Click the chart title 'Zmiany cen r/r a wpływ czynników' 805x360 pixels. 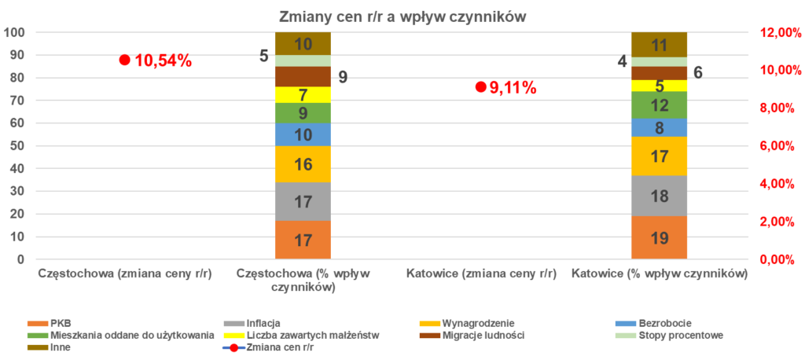coord(402,17)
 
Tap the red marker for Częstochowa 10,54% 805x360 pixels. coord(124,60)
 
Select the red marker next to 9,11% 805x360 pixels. coord(480,87)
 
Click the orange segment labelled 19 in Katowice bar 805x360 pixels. coord(659,237)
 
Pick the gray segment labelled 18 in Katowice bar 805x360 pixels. coord(659,196)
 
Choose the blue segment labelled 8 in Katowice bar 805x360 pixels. coord(659,127)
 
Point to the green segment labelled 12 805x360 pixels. coord(659,105)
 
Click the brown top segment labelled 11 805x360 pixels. coord(659,44)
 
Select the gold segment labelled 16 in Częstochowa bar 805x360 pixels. coord(303,164)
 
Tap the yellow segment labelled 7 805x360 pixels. coord(303,94)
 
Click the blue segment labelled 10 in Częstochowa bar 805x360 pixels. coord(303,134)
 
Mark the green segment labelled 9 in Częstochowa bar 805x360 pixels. coord(303,113)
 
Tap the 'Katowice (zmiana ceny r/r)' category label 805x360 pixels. coord(481,274)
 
